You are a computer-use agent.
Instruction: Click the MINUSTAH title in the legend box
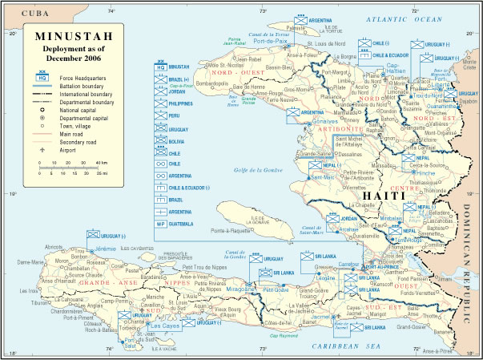coord(66,37)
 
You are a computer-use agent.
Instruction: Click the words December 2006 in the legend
coord(66,58)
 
